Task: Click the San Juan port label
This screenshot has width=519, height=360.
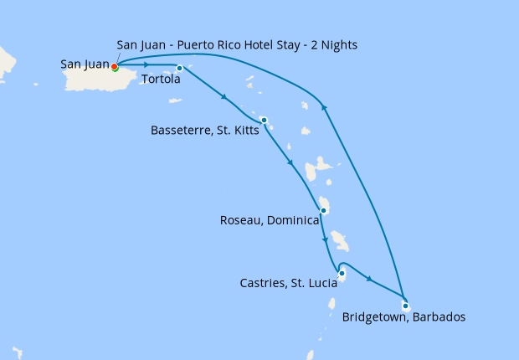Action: (x=85, y=63)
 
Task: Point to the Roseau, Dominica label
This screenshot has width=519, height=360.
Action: (x=270, y=221)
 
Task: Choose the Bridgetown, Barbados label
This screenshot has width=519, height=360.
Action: (x=403, y=317)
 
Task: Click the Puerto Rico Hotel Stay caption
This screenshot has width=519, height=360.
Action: (x=239, y=44)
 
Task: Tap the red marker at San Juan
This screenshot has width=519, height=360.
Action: (x=115, y=67)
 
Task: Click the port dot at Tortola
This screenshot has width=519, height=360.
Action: (x=180, y=68)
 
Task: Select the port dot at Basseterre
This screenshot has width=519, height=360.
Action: (x=264, y=120)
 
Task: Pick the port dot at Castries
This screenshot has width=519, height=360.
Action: (x=342, y=273)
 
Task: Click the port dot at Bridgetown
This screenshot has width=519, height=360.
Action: (x=405, y=305)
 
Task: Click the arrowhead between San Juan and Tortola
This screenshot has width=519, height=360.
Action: (x=147, y=64)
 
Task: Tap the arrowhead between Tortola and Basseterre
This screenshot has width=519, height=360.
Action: (x=224, y=98)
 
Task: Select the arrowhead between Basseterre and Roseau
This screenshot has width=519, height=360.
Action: (x=290, y=163)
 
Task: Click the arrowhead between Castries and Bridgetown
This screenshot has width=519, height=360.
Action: (x=369, y=277)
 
